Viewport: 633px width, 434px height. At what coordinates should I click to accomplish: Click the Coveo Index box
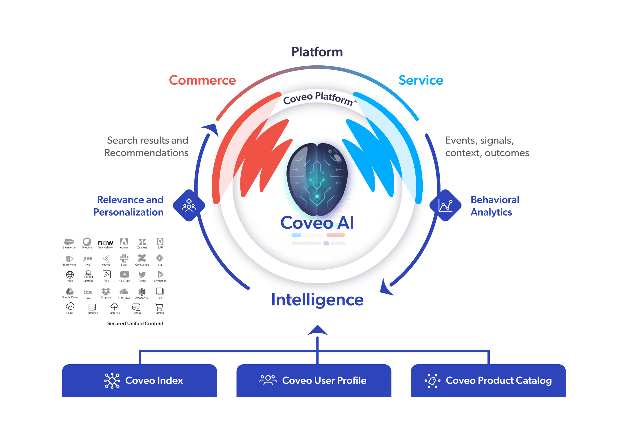139,380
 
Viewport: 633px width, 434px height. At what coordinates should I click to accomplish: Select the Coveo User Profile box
314,380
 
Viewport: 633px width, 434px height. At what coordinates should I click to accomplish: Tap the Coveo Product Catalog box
488,380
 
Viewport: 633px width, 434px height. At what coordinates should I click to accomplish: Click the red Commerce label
202,80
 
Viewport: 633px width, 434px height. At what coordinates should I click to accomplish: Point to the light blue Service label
421,80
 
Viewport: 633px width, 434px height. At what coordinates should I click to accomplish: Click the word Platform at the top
317,52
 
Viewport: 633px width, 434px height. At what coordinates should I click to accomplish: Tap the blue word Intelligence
317,300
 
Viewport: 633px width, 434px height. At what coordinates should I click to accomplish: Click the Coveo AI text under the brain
317,223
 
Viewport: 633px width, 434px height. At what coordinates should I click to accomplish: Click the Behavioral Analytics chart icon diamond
445,205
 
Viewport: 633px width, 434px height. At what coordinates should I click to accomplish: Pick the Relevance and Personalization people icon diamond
189,205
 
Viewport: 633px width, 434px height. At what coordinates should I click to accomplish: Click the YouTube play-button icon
124,274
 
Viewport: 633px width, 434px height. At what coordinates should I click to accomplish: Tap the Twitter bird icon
142,275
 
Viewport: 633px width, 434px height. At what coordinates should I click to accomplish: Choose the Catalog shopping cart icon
159,307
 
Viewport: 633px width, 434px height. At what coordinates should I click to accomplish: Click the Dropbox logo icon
106,291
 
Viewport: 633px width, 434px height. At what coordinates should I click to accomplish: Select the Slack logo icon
124,258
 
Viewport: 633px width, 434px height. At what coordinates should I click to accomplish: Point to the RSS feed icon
106,274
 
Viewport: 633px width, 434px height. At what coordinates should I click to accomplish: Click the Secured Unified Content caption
135,323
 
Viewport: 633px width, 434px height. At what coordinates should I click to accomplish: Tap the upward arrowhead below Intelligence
317,330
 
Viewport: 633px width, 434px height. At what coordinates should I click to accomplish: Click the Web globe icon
70,275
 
